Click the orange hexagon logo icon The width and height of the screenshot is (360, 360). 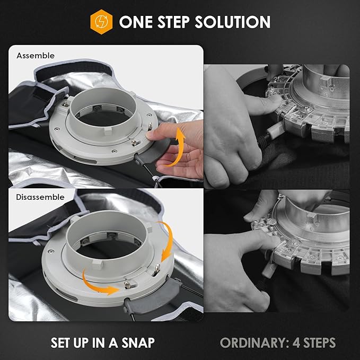pyautogui.click(x=101, y=22)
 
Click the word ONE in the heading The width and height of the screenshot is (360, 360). pyautogui.click(x=136, y=22)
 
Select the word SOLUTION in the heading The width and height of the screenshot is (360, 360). pyautogui.click(x=233, y=22)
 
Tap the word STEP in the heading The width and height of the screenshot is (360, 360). pyautogui.click(x=173, y=22)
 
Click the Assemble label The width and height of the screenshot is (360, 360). pyautogui.click(x=36, y=56)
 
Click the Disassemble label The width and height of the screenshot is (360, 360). pyautogui.click(x=40, y=197)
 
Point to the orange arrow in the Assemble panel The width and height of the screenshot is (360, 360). pyautogui.click(x=176, y=147)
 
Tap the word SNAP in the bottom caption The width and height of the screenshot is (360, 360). pyautogui.click(x=138, y=343)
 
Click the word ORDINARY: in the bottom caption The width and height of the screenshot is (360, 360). pyautogui.click(x=254, y=343)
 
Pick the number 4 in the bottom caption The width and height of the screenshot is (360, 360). pyautogui.click(x=296, y=343)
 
